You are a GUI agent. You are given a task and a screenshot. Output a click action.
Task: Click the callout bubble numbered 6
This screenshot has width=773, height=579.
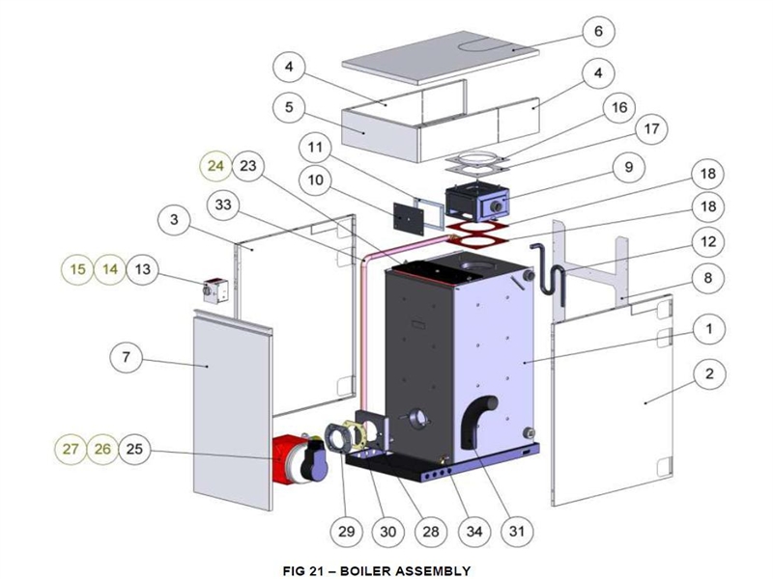coord(598,31)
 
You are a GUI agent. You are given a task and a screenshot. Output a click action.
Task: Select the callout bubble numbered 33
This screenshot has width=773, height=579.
coord(223,205)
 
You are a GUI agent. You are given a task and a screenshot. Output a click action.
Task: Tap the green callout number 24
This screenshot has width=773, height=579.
coord(215,166)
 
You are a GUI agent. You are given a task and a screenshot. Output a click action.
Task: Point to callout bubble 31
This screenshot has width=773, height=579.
coord(517,532)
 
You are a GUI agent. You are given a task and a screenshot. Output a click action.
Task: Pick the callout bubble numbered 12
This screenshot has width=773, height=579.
coord(708,242)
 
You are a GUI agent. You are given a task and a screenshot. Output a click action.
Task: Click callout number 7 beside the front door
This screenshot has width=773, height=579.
coord(127,356)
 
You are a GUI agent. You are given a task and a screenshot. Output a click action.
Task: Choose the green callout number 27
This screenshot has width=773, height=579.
coord(71,449)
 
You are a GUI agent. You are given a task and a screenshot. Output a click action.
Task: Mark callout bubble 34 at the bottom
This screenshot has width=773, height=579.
coord(474,532)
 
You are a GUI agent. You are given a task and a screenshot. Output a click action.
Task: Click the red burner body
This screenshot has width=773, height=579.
coord(287,459)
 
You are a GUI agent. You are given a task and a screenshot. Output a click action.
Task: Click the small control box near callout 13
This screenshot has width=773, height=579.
coord(215,290)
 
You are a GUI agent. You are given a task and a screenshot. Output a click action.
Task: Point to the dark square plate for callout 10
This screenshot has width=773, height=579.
coord(409,218)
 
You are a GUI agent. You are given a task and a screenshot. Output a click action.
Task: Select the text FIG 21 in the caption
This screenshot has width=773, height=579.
coord(302,570)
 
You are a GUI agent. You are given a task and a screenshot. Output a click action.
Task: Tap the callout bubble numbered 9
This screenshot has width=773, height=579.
coord(629,167)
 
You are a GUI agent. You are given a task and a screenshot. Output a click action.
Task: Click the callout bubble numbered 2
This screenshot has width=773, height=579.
coord(709,374)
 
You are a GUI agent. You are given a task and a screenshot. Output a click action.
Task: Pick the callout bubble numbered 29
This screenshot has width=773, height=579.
coord(346,532)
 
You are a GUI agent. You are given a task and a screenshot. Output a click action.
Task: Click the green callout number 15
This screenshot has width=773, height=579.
coord(77,269)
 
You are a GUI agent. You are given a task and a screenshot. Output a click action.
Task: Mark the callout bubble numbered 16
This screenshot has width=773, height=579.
coord(619,107)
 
